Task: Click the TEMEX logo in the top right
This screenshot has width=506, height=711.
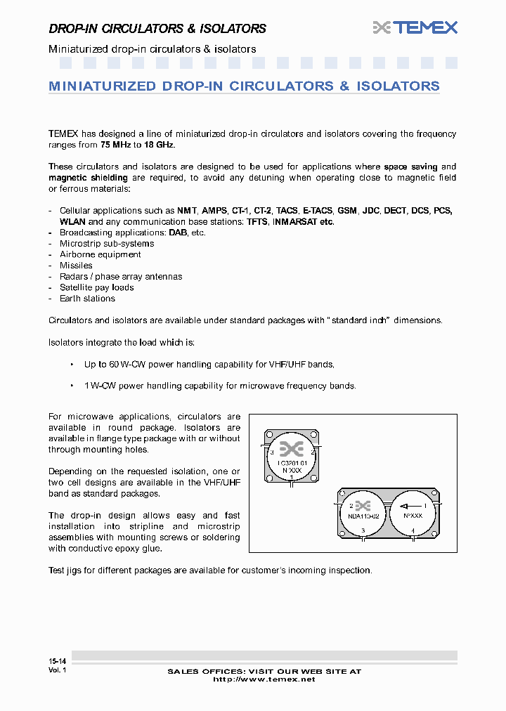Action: click(415, 27)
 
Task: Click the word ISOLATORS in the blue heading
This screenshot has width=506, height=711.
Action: click(398, 86)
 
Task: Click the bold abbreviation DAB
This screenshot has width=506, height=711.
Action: click(178, 233)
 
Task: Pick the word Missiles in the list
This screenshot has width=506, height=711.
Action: click(76, 266)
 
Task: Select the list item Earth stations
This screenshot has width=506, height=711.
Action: click(87, 299)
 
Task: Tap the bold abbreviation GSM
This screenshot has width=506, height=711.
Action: click(346, 211)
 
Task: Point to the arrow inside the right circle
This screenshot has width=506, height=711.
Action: click(413, 506)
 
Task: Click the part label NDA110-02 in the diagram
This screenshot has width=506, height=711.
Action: click(363, 516)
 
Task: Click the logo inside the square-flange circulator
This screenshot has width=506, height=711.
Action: click(291, 449)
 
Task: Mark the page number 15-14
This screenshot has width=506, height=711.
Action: click(58, 662)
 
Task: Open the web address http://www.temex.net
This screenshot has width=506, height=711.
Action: click(264, 679)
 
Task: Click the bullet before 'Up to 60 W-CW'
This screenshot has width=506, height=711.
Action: click(72, 365)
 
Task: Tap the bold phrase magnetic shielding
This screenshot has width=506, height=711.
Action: click(78, 178)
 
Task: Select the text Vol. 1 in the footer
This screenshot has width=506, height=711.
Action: click(57, 671)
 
